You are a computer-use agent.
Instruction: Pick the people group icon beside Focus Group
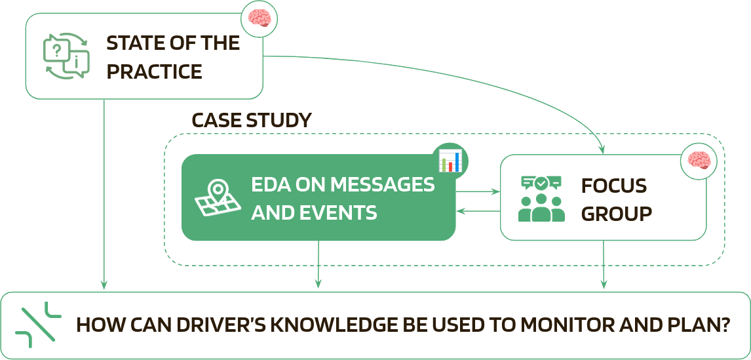[541, 198]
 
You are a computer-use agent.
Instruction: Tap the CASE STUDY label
[251, 121]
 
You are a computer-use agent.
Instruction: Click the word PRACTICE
[154, 71]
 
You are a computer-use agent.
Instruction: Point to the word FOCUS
[614, 186]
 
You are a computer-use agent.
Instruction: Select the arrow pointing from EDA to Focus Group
[479, 193]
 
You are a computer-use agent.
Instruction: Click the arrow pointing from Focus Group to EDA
[479, 211]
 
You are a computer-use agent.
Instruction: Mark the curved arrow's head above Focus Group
[603, 150]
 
